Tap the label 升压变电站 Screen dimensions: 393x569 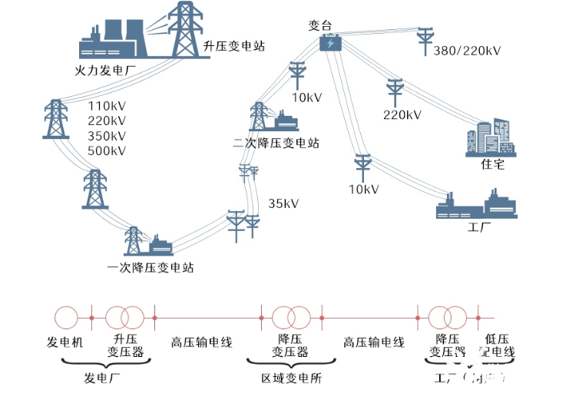tap(234, 47)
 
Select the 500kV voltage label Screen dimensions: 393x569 tap(107, 150)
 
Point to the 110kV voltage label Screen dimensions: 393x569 tap(107, 106)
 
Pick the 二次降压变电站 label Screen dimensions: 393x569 tap(276, 144)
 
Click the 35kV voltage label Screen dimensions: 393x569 tap(283, 203)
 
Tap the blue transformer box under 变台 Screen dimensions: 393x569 tap(330, 44)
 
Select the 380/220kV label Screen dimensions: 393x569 tap(467, 51)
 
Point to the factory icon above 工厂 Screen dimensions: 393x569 tap(478, 206)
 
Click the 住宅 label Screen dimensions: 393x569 tap(492, 166)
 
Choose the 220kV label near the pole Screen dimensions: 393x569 tap(402, 115)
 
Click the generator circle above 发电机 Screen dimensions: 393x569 tap(65, 316)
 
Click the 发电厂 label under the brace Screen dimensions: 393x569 tap(102, 378)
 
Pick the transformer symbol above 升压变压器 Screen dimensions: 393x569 tap(124, 316)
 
